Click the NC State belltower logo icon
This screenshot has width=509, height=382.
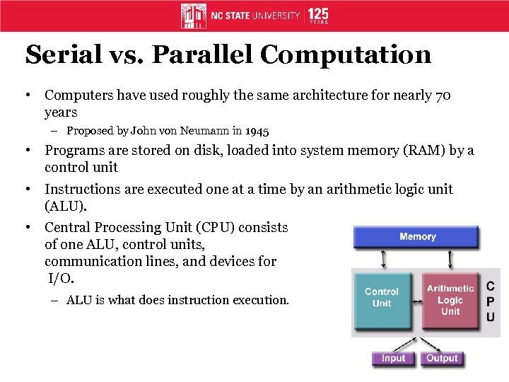193,16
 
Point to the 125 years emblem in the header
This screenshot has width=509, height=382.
317,16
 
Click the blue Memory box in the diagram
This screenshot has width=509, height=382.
416,237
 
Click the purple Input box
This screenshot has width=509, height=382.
393,358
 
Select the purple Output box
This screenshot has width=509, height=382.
442,358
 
